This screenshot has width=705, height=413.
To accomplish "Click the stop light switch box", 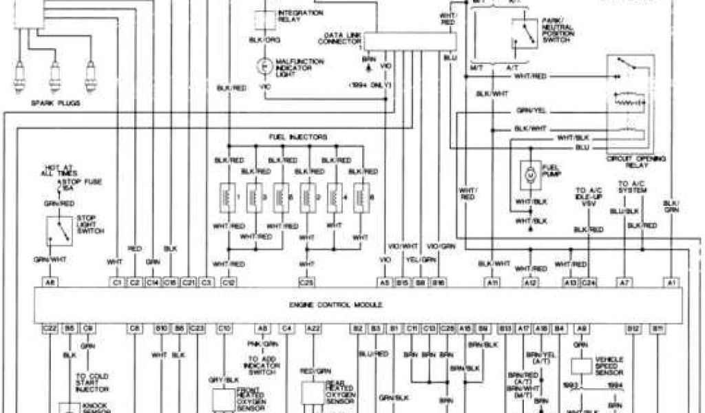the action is (59, 231).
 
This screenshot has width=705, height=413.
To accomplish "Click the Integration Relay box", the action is (264, 19).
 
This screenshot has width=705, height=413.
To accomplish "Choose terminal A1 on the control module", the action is (671, 282).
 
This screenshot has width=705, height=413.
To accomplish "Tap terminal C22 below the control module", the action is (50, 328).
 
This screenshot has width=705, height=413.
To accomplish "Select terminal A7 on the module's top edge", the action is (624, 282).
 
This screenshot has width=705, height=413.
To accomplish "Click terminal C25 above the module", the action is (306, 282).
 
